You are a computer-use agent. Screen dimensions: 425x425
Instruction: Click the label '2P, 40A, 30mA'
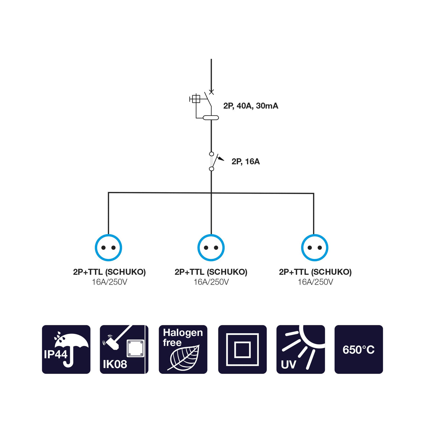pyautogui.click(x=251, y=106)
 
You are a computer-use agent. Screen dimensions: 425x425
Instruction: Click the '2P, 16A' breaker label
pyautogui.click(x=245, y=162)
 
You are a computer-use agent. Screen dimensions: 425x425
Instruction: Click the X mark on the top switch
pyautogui.click(x=211, y=92)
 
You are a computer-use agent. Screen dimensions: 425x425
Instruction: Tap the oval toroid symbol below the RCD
pyautogui.click(x=211, y=118)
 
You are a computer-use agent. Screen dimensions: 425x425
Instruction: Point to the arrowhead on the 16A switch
pyautogui.click(x=221, y=159)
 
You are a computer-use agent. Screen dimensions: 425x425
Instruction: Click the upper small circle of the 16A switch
pyautogui.click(x=211, y=154)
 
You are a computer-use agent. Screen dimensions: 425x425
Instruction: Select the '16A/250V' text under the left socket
pyautogui.click(x=109, y=282)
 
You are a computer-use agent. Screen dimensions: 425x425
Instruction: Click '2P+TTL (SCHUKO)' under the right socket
pyautogui.click(x=315, y=272)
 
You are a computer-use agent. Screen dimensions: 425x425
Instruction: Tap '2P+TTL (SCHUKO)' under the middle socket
pyautogui.click(x=211, y=272)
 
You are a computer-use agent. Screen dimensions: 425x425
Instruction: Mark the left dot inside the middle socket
pyautogui.click(x=206, y=248)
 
